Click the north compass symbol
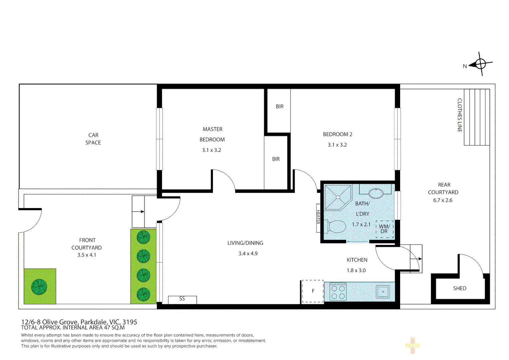tap(480, 64)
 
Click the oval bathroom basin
tap(376, 193)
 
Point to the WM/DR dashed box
tap(384, 229)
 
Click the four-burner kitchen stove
tap(338, 292)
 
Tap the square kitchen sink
tap(383, 292)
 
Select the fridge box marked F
tap(313, 291)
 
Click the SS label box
tap(182, 299)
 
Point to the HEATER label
tap(318, 217)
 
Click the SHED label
tap(459, 288)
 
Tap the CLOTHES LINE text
tap(459, 115)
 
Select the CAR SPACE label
tap(93, 139)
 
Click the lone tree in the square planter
tap(39, 287)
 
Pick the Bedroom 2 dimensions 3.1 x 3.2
tap(337, 145)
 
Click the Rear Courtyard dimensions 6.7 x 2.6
tap(443, 200)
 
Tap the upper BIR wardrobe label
tap(279, 107)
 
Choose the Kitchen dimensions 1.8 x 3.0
tap(356, 270)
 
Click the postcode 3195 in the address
tap(130, 322)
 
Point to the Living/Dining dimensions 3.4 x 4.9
tap(248, 254)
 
